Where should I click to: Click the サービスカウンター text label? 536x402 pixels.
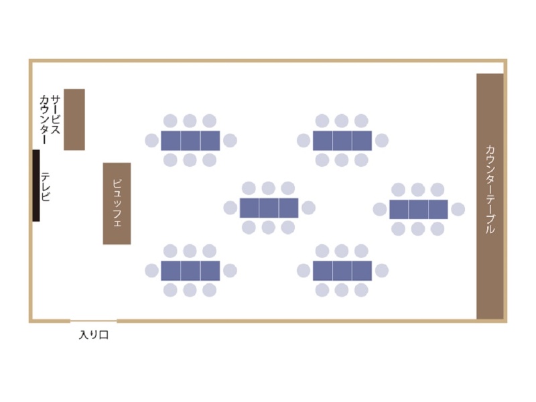coord(50,120)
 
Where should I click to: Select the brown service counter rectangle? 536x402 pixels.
coord(74,120)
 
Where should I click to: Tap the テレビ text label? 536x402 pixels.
coord(45,186)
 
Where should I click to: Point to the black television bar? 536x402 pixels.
coord(36,186)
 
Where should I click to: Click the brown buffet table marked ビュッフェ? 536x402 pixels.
coord(117,204)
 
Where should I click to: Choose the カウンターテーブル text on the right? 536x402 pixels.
coord(490,190)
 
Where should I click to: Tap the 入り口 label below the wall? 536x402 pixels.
coord(94,334)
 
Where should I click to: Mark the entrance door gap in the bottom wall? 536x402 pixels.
coord(93,321)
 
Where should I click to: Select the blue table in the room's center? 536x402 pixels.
coord(269,208)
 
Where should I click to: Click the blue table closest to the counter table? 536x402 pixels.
coord(418,209)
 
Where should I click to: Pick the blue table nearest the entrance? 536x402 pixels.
coord(190,271)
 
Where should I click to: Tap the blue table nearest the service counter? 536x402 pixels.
coord(190,141)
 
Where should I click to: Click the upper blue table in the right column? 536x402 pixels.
coord(342,141)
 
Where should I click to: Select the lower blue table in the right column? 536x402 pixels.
coord(342,271)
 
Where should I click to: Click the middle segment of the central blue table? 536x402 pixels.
coord(269,208)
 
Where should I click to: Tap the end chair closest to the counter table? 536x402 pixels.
coord(458,209)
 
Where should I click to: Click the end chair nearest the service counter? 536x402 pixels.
coord(152,141)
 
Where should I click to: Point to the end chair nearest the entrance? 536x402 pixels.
coord(152,271)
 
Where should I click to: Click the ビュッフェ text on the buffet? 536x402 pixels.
coord(117,203)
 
